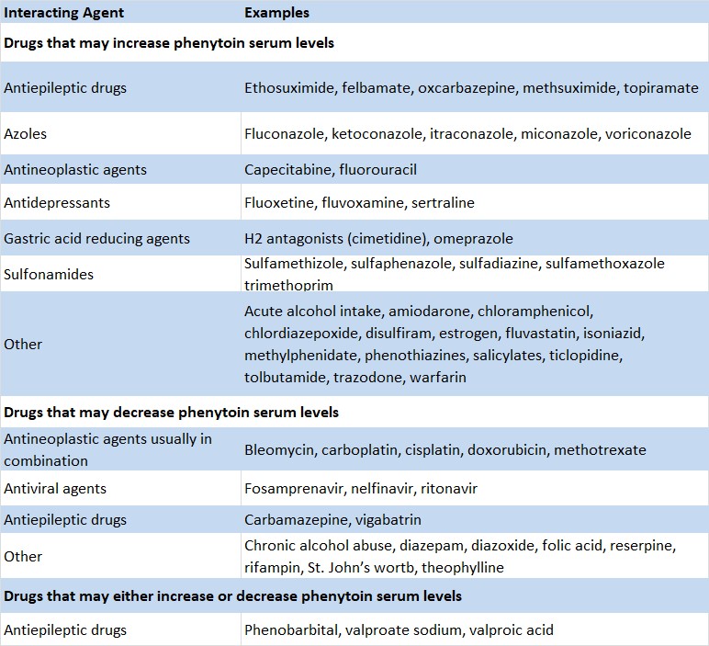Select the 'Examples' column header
coord(276,13)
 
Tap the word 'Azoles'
coord(25,134)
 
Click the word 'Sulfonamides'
coord(49,274)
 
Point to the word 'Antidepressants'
coord(57,202)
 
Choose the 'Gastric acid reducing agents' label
coord(96,239)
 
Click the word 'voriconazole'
coord(647,134)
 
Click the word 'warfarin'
coord(438,377)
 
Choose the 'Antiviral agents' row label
coord(55,489)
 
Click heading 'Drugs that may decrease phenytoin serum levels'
coord(171,413)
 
